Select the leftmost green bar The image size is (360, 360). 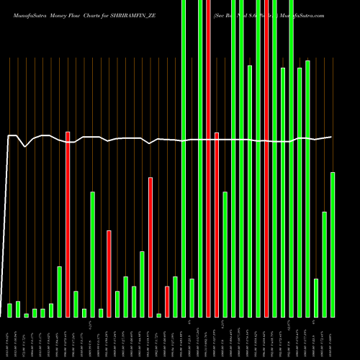[10, 310]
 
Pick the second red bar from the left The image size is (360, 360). [109, 274]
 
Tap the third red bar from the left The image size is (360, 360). [150, 247]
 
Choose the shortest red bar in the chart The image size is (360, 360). [167, 302]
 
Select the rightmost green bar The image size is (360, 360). [333, 245]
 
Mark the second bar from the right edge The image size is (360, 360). [324, 264]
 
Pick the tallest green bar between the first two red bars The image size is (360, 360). [92, 254]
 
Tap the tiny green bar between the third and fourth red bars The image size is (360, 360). [158, 315]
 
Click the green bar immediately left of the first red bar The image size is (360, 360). [60, 292]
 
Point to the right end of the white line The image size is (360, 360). [332, 137]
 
